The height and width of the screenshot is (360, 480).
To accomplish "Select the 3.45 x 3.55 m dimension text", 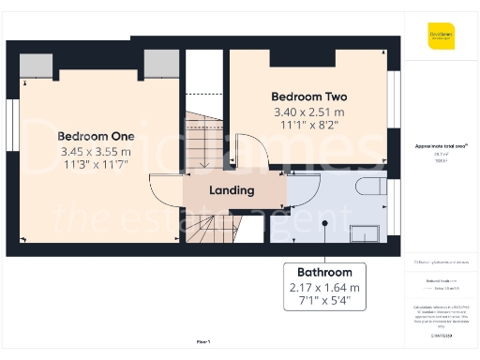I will (97, 150).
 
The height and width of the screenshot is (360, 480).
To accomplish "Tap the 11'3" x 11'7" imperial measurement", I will (97, 165).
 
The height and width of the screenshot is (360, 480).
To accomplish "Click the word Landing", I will (232, 190).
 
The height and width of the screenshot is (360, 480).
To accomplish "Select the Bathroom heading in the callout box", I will (323, 272).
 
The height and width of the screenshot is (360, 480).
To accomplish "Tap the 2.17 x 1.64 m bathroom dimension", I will (323, 288).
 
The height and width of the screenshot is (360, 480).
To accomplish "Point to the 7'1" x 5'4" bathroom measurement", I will (323, 303).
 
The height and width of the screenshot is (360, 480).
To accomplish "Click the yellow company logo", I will (441, 35).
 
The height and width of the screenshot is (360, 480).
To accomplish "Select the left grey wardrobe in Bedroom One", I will (37, 65).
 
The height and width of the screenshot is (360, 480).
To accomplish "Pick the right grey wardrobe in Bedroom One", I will (161, 65).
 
